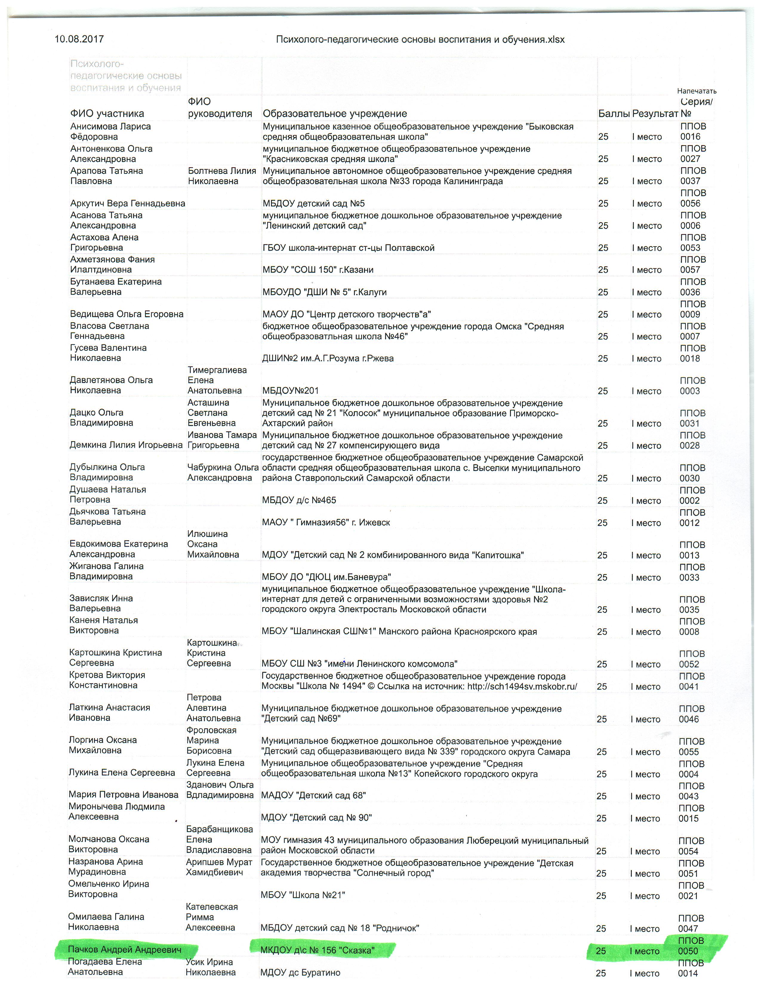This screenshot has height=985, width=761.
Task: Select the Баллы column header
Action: pyautogui.click(x=614, y=114)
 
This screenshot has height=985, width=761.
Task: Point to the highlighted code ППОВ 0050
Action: pyautogui.click(x=691, y=946)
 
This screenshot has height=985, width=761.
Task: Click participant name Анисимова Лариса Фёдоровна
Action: pyautogui.click(x=110, y=132)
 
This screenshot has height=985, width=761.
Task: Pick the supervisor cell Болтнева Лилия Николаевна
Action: pyautogui.click(x=222, y=176)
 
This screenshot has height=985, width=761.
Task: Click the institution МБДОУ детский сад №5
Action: pyautogui.click(x=313, y=203)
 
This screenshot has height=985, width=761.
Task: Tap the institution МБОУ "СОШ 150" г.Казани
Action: pyautogui.click(x=318, y=270)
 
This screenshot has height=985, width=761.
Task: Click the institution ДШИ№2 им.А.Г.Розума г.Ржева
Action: pyautogui.click(x=328, y=358)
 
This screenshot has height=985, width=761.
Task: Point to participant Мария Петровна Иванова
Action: pyautogui.click(x=123, y=795)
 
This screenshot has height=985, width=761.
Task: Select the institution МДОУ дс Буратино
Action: pyautogui.click(x=300, y=973)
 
